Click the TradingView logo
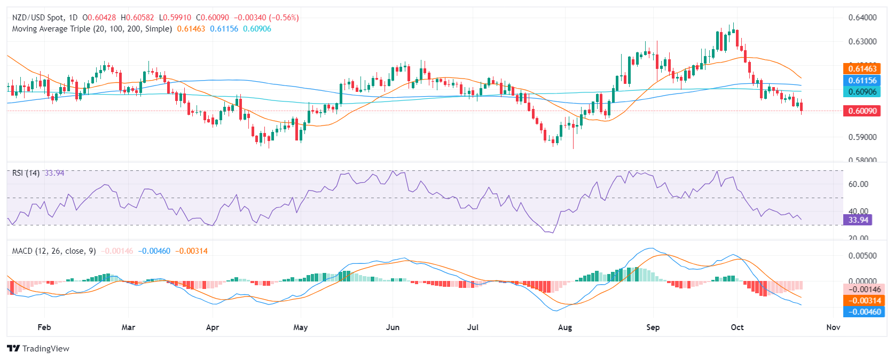click(38, 348)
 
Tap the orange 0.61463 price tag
click(862, 68)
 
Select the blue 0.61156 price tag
click(862, 80)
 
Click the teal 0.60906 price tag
click(862, 91)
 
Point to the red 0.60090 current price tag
click(862, 111)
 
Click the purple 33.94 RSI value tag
click(858, 220)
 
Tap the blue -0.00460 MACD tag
click(862, 311)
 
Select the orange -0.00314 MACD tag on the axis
click(862, 300)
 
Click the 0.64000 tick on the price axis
click(862, 18)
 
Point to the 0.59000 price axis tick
click(862, 137)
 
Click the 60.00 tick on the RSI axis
click(858, 184)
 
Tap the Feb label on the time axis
click(44, 327)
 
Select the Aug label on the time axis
click(565, 327)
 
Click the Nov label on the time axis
click(833, 327)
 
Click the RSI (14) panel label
click(26, 173)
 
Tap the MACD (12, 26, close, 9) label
click(54, 251)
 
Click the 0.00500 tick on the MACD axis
click(862, 255)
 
